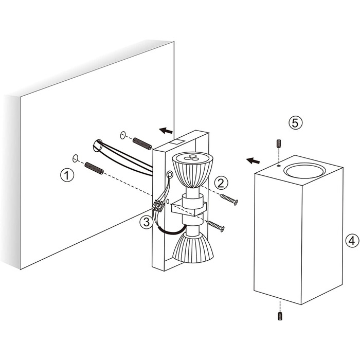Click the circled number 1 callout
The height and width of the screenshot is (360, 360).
(67, 175)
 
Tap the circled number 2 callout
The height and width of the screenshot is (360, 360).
(221, 183)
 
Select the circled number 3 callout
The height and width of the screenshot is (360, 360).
(147, 222)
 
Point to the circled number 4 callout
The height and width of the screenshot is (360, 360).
(352, 240)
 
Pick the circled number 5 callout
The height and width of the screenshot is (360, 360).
(295, 122)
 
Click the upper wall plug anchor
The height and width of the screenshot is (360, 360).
(142, 143)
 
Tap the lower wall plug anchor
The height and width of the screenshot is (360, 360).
(94, 168)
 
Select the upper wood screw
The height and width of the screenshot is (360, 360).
(229, 200)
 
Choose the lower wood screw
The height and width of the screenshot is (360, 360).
(215, 226)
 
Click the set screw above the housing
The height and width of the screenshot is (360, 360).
(279, 143)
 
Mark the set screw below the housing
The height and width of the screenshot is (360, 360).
(280, 316)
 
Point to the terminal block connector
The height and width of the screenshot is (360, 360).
(158, 206)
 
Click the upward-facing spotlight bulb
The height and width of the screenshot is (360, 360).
(193, 170)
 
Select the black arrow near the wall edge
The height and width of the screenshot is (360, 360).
(166, 131)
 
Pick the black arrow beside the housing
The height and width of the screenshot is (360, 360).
(253, 160)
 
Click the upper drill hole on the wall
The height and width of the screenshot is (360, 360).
(123, 135)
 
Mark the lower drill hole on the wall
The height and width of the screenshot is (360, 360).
(75, 158)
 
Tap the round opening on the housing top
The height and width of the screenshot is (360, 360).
(304, 171)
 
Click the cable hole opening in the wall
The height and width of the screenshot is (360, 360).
(97, 146)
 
